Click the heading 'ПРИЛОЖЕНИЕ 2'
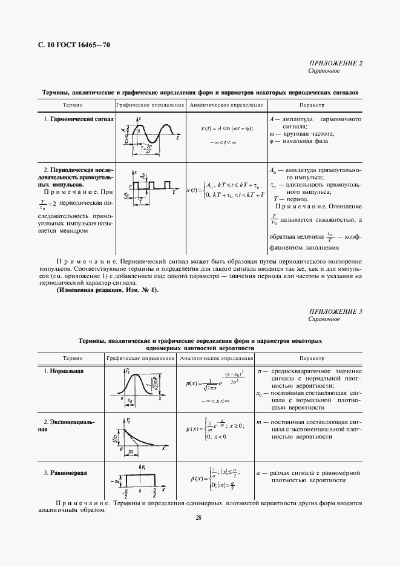tap(337, 64)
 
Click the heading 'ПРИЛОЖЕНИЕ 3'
tap(337, 311)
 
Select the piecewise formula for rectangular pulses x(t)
tap(226, 190)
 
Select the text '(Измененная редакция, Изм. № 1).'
tap(107, 290)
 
